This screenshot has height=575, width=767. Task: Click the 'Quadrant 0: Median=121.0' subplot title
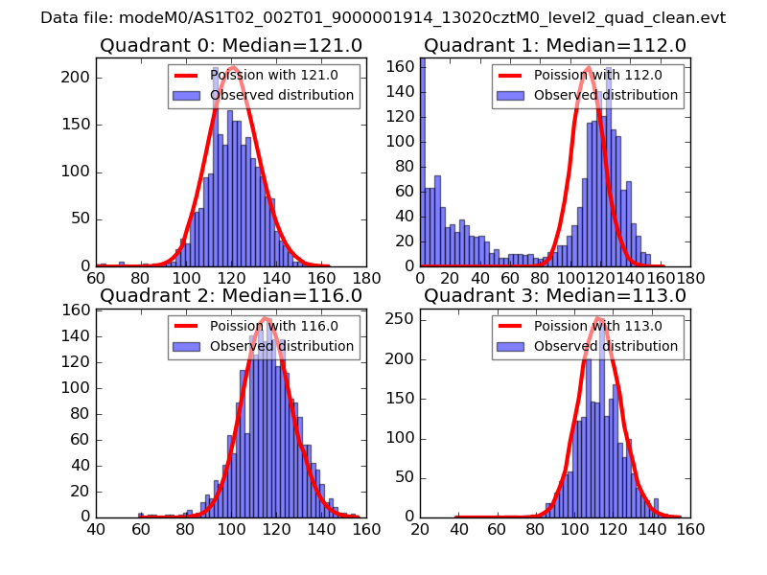tap(231, 45)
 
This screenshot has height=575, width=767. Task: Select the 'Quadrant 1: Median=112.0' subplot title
tap(555, 45)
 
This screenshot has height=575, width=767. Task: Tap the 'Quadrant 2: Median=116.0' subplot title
tap(231, 295)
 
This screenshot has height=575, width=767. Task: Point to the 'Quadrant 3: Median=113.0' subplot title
tap(555, 295)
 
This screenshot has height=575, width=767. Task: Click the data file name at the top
tap(383, 17)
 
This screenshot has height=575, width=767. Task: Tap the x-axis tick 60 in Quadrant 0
tap(96, 278)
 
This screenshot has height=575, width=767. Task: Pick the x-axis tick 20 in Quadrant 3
tap(420, 528)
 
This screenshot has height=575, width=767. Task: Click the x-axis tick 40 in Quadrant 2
tap(96, 528)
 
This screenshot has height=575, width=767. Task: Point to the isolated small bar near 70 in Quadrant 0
tap(121, 264)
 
